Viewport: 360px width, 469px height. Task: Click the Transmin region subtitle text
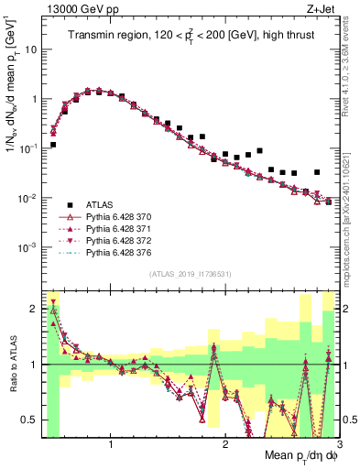pyautogui.click(x=188, y=35)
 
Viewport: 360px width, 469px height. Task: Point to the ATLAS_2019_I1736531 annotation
pyautogui.click(x=190, y=274)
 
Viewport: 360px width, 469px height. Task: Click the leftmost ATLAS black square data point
pyautogui.click(x=53, y=145)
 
